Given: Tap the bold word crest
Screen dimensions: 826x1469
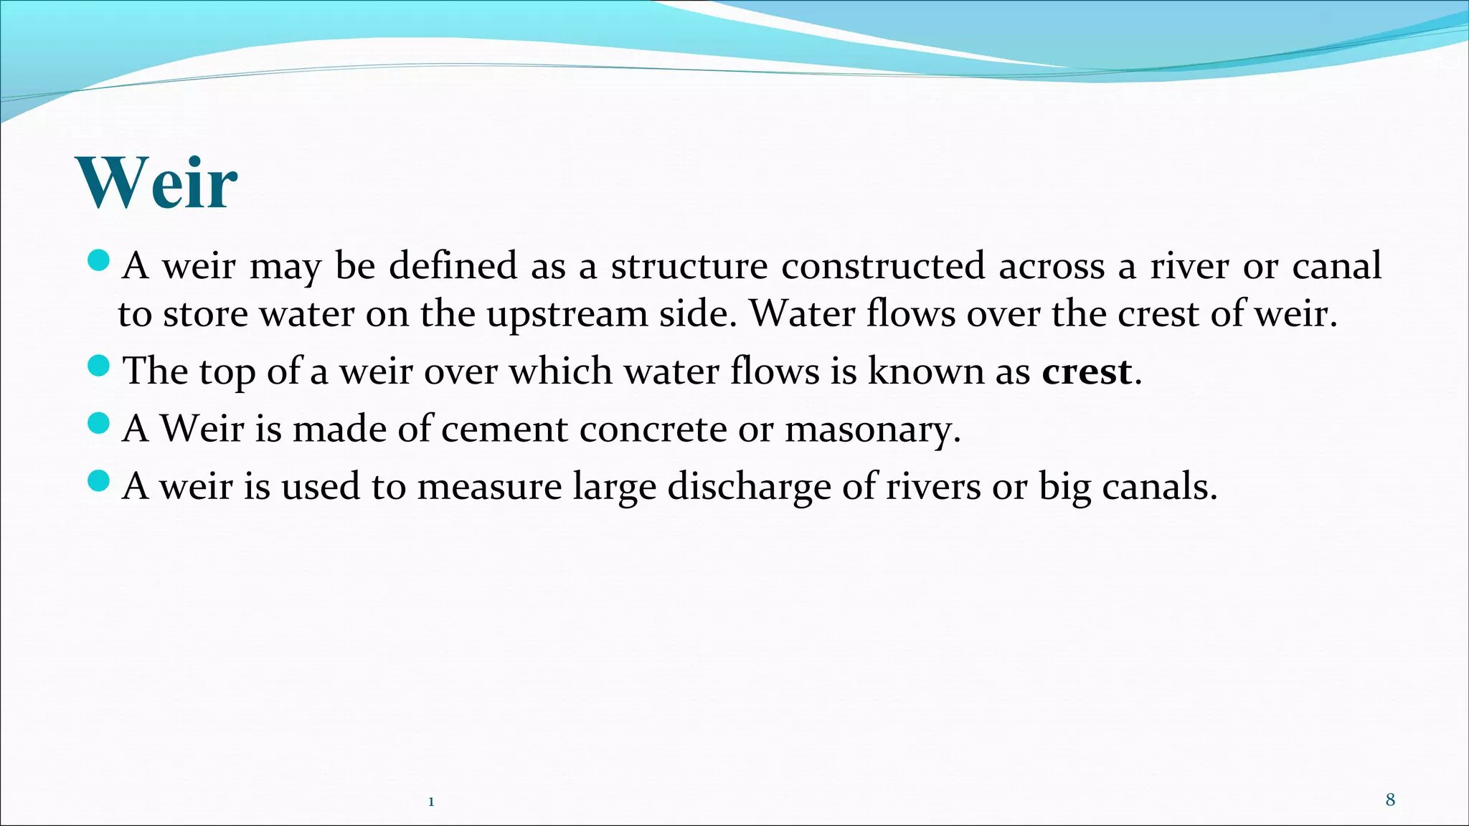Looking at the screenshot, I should tap(1086, 371).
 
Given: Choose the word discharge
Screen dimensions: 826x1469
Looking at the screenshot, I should tap(749, 487).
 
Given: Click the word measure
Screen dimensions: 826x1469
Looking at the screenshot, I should tap(489, 487).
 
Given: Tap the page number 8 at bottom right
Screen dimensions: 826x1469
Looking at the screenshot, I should tap(1390, 800).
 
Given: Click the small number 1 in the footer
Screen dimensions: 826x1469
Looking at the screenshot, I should tap(431, 802).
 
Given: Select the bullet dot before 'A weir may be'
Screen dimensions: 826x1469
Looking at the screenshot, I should tap(98, 260).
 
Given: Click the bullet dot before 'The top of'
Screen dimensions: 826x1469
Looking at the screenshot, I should tap(98, 366).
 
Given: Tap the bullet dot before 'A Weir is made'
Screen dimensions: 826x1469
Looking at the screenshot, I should tap(98, 424).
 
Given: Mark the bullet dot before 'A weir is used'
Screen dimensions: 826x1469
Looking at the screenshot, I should tap(98, 480).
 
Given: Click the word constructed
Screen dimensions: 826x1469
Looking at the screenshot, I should tap(883, 266).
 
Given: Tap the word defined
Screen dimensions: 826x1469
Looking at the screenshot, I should tap(453, 266).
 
